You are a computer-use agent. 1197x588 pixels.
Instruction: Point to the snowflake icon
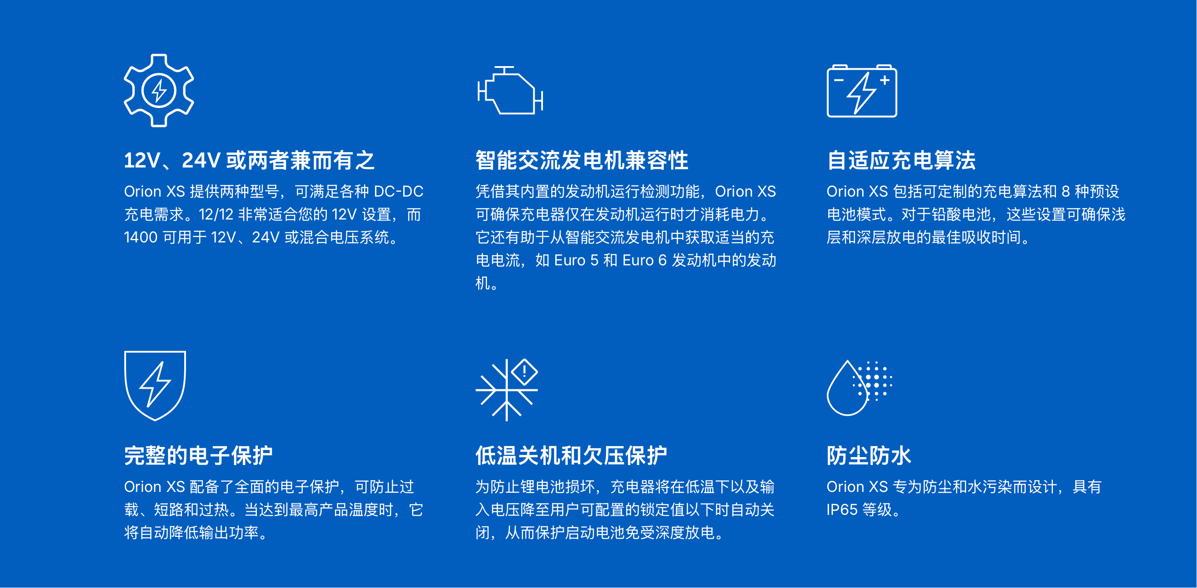click(506, 391)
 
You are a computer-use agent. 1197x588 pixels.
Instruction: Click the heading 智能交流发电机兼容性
click(582, 160)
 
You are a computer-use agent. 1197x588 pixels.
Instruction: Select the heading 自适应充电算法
click(901, 160)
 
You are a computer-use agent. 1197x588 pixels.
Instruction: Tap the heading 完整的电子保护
click(198, 455)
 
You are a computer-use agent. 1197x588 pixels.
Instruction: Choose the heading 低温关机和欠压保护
click(571, 455)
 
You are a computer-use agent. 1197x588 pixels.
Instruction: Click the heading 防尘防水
click(869, 455)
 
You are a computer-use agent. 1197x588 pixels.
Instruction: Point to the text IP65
click(842, 510)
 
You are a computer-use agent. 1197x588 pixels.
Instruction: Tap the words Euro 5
click(576, 261)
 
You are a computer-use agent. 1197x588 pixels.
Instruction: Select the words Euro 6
click(644, 261)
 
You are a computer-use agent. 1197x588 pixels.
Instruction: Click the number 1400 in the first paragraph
click(141, 238)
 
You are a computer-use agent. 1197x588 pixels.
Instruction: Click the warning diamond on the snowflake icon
click(524, 372)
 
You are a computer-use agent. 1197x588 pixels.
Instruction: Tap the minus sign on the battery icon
click(839, 80)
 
